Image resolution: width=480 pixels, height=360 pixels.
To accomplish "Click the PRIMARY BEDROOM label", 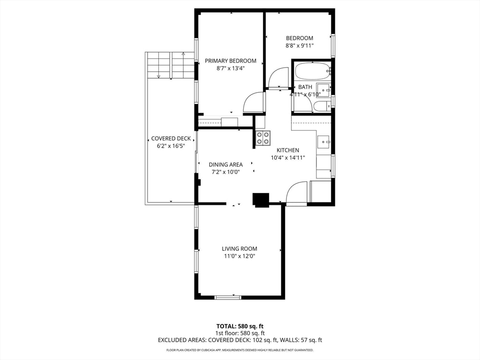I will pyautogui.click(x=231, y=60).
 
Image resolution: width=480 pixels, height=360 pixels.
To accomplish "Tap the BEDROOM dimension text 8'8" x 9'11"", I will pyautogui.click(x=300, y=45).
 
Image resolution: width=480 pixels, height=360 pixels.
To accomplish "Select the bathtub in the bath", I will pyautogui.click(x=312, y=71).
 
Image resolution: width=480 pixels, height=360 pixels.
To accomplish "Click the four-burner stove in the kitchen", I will pyautogui.click(x=263, y=138).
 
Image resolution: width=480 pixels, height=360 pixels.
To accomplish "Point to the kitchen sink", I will pyautogui.click(x=323, y=141).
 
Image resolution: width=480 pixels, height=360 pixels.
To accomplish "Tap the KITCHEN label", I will pyautogui.click(x=287, y=150).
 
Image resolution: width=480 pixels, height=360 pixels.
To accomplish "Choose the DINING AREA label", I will pyautogui.click(x=225, y=165).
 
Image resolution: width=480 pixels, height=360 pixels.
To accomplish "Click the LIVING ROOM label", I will pyautogui.click(x=240, y=248).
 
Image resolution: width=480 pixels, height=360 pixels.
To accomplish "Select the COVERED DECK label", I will pyautogui.click(x=171, y=139).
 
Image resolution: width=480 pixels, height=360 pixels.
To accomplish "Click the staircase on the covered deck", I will pyautogui.click(x=170, y=65).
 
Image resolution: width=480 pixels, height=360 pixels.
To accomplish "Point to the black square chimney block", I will pyautogui.click(x=261, y=200).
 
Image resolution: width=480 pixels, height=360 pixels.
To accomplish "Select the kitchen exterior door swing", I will pyautogui.click(x=297, y=193).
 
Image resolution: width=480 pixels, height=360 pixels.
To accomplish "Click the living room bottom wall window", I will pyautogui.click(x=228, y=297).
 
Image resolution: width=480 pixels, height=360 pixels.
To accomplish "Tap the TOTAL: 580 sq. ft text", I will pyautogui.click(x=240, y=326).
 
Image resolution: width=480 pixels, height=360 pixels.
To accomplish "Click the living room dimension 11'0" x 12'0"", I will pyautogui.click(x=240, y=256).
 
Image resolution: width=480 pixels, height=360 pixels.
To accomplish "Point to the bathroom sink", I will pyautogui.click(x=323, y=90).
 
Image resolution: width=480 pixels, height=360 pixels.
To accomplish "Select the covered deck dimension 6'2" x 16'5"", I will pyautogui.click(x=171, y=146).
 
